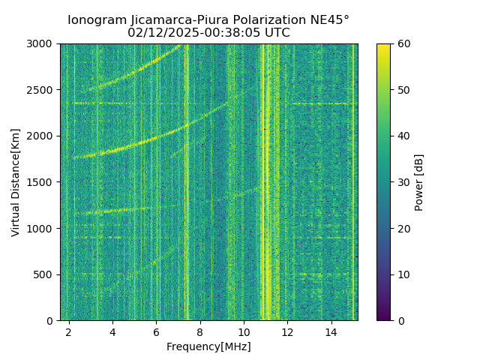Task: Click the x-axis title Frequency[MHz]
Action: coord(208,346)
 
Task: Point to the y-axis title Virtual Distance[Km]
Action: coord(16,182)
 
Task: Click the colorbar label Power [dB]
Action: coord(419,182)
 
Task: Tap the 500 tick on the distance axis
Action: coord(45,274)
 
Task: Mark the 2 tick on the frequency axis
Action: coord(69,331)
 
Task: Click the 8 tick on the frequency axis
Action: coord(200,331)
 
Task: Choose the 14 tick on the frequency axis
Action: coord(331,331)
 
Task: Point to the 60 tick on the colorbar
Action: coord(403,43)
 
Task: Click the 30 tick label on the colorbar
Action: coord(403,182)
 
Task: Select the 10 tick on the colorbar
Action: coord(403,274)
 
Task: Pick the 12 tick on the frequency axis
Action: coord(288,331)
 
